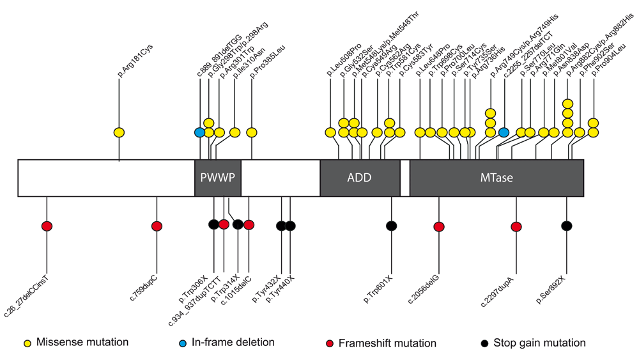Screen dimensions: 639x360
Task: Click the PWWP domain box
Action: click(218, 178)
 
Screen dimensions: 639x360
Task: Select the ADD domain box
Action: click(360, 178)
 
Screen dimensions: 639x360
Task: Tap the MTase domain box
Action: click(497, 178)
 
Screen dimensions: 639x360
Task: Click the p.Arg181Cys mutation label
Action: click(135, 61)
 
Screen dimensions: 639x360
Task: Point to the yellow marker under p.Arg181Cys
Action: click(119, 132)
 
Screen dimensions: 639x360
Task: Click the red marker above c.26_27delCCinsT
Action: click(47, 226)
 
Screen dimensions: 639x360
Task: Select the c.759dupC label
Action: click(143, 288)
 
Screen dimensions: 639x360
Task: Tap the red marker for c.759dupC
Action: click(157, 226)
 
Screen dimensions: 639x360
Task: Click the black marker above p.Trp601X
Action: click(391, 226)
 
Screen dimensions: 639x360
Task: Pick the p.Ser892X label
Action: click(551, 290)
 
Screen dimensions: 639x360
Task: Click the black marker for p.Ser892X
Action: click(566, 226)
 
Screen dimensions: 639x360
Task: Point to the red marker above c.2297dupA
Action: click(516, 227)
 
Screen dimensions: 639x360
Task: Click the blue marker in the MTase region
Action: click(504, 132)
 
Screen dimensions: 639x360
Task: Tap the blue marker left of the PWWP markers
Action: click(199, 132)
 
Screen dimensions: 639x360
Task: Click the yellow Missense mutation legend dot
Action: click(27, 343)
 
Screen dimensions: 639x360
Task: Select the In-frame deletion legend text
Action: click(233, 342)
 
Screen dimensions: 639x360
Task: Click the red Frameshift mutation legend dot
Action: click(330, 343)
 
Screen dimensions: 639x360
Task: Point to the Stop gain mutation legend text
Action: click(539, 343)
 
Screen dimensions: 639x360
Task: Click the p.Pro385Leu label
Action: click(267, 61)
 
